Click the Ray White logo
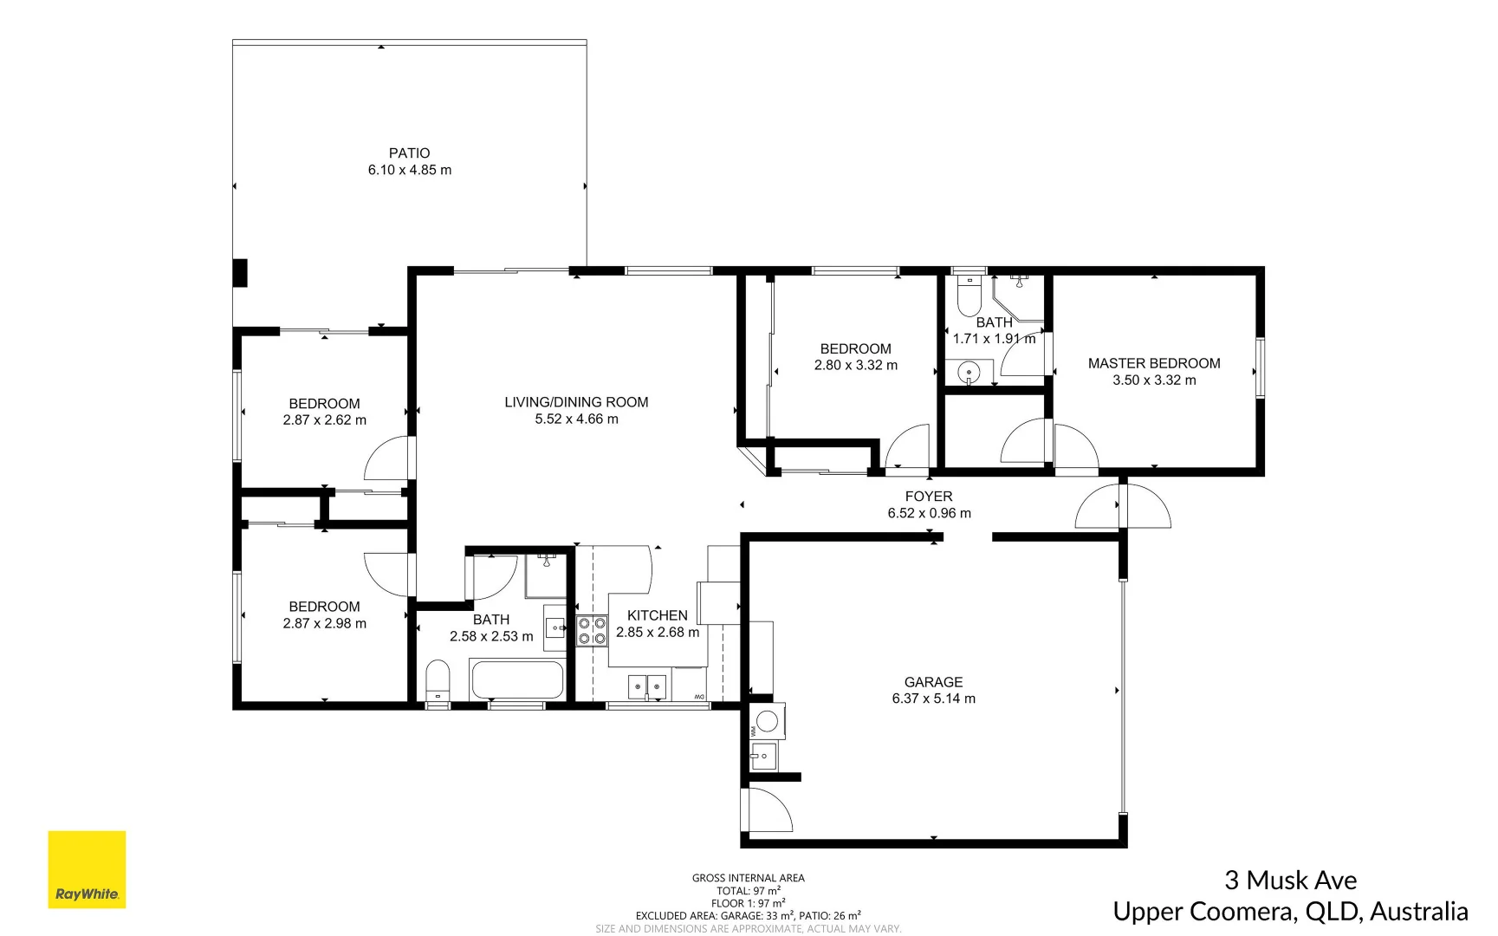pyautogui.click(x=87, y=869)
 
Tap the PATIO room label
pyautogui.click(x=409, y=153)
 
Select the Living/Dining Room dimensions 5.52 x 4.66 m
pyautogui.click(x=576, y=419)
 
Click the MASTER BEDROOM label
pyautogui.click(x=1153, y=363)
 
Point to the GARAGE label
pyautogui.click(x=933, y=682)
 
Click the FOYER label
pyautogui.click(x=928, y=497)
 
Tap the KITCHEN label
pyautogui.click(x=657, y=615)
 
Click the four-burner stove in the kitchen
pyautogui.click(x=592, y=630)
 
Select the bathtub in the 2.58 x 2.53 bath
pyautogui.click(x=517, y=679)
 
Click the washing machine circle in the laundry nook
pyautogui.click(x=768, y=721)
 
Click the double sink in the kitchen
pyautogui.click(x=647, y=686)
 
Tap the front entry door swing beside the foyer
pyautogui.click(x=1123, y=507)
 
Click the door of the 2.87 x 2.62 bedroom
pyautogui.click(x=387, y=459)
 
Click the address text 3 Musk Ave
pyautogui.click(x=1290, y=881)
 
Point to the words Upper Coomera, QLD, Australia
pyautogui.click(x=1290, y=912)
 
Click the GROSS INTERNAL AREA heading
pyautogui.click(x=748, y=878)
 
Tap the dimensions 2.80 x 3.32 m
pyautogui.click(x=855, y=366)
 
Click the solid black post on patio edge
pyautogui.click(x=240, y=273)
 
